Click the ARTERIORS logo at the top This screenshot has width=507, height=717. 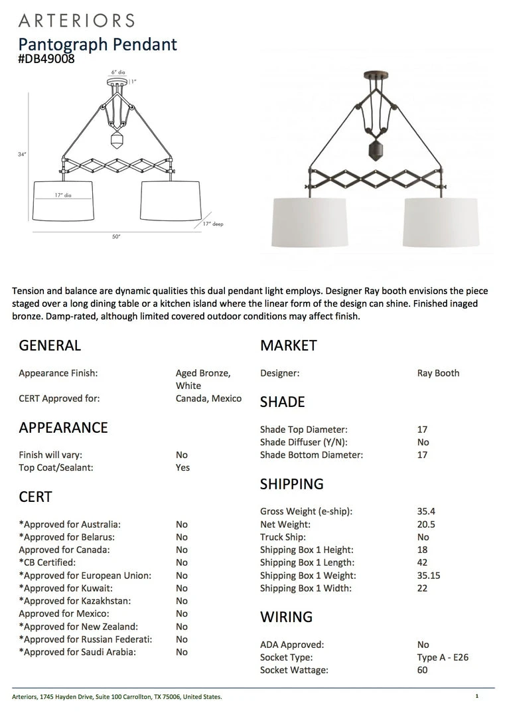[76, 20]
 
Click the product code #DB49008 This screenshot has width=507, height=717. [46, 58]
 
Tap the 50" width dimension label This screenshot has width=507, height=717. [116, 236]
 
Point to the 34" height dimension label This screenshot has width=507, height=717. [22, 154]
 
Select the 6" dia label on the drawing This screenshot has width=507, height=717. [118, 72]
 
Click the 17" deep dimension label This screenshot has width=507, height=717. [213, 224]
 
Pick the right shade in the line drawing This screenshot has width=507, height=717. [171, 200]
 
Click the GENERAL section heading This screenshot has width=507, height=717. [50, 345]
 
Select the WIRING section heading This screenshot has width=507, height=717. [286, 617]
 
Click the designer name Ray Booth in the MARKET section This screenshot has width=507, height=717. [438, 373]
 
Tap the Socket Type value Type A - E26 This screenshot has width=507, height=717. [443, 657]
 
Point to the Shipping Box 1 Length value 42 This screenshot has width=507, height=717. [423, 562]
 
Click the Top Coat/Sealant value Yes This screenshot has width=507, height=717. [182, 467]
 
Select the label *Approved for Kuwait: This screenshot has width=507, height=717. [66, 588]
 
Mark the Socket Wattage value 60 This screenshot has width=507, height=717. [423, 670]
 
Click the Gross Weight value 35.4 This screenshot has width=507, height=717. [426, 511]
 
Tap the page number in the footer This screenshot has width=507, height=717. [476, 696]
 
